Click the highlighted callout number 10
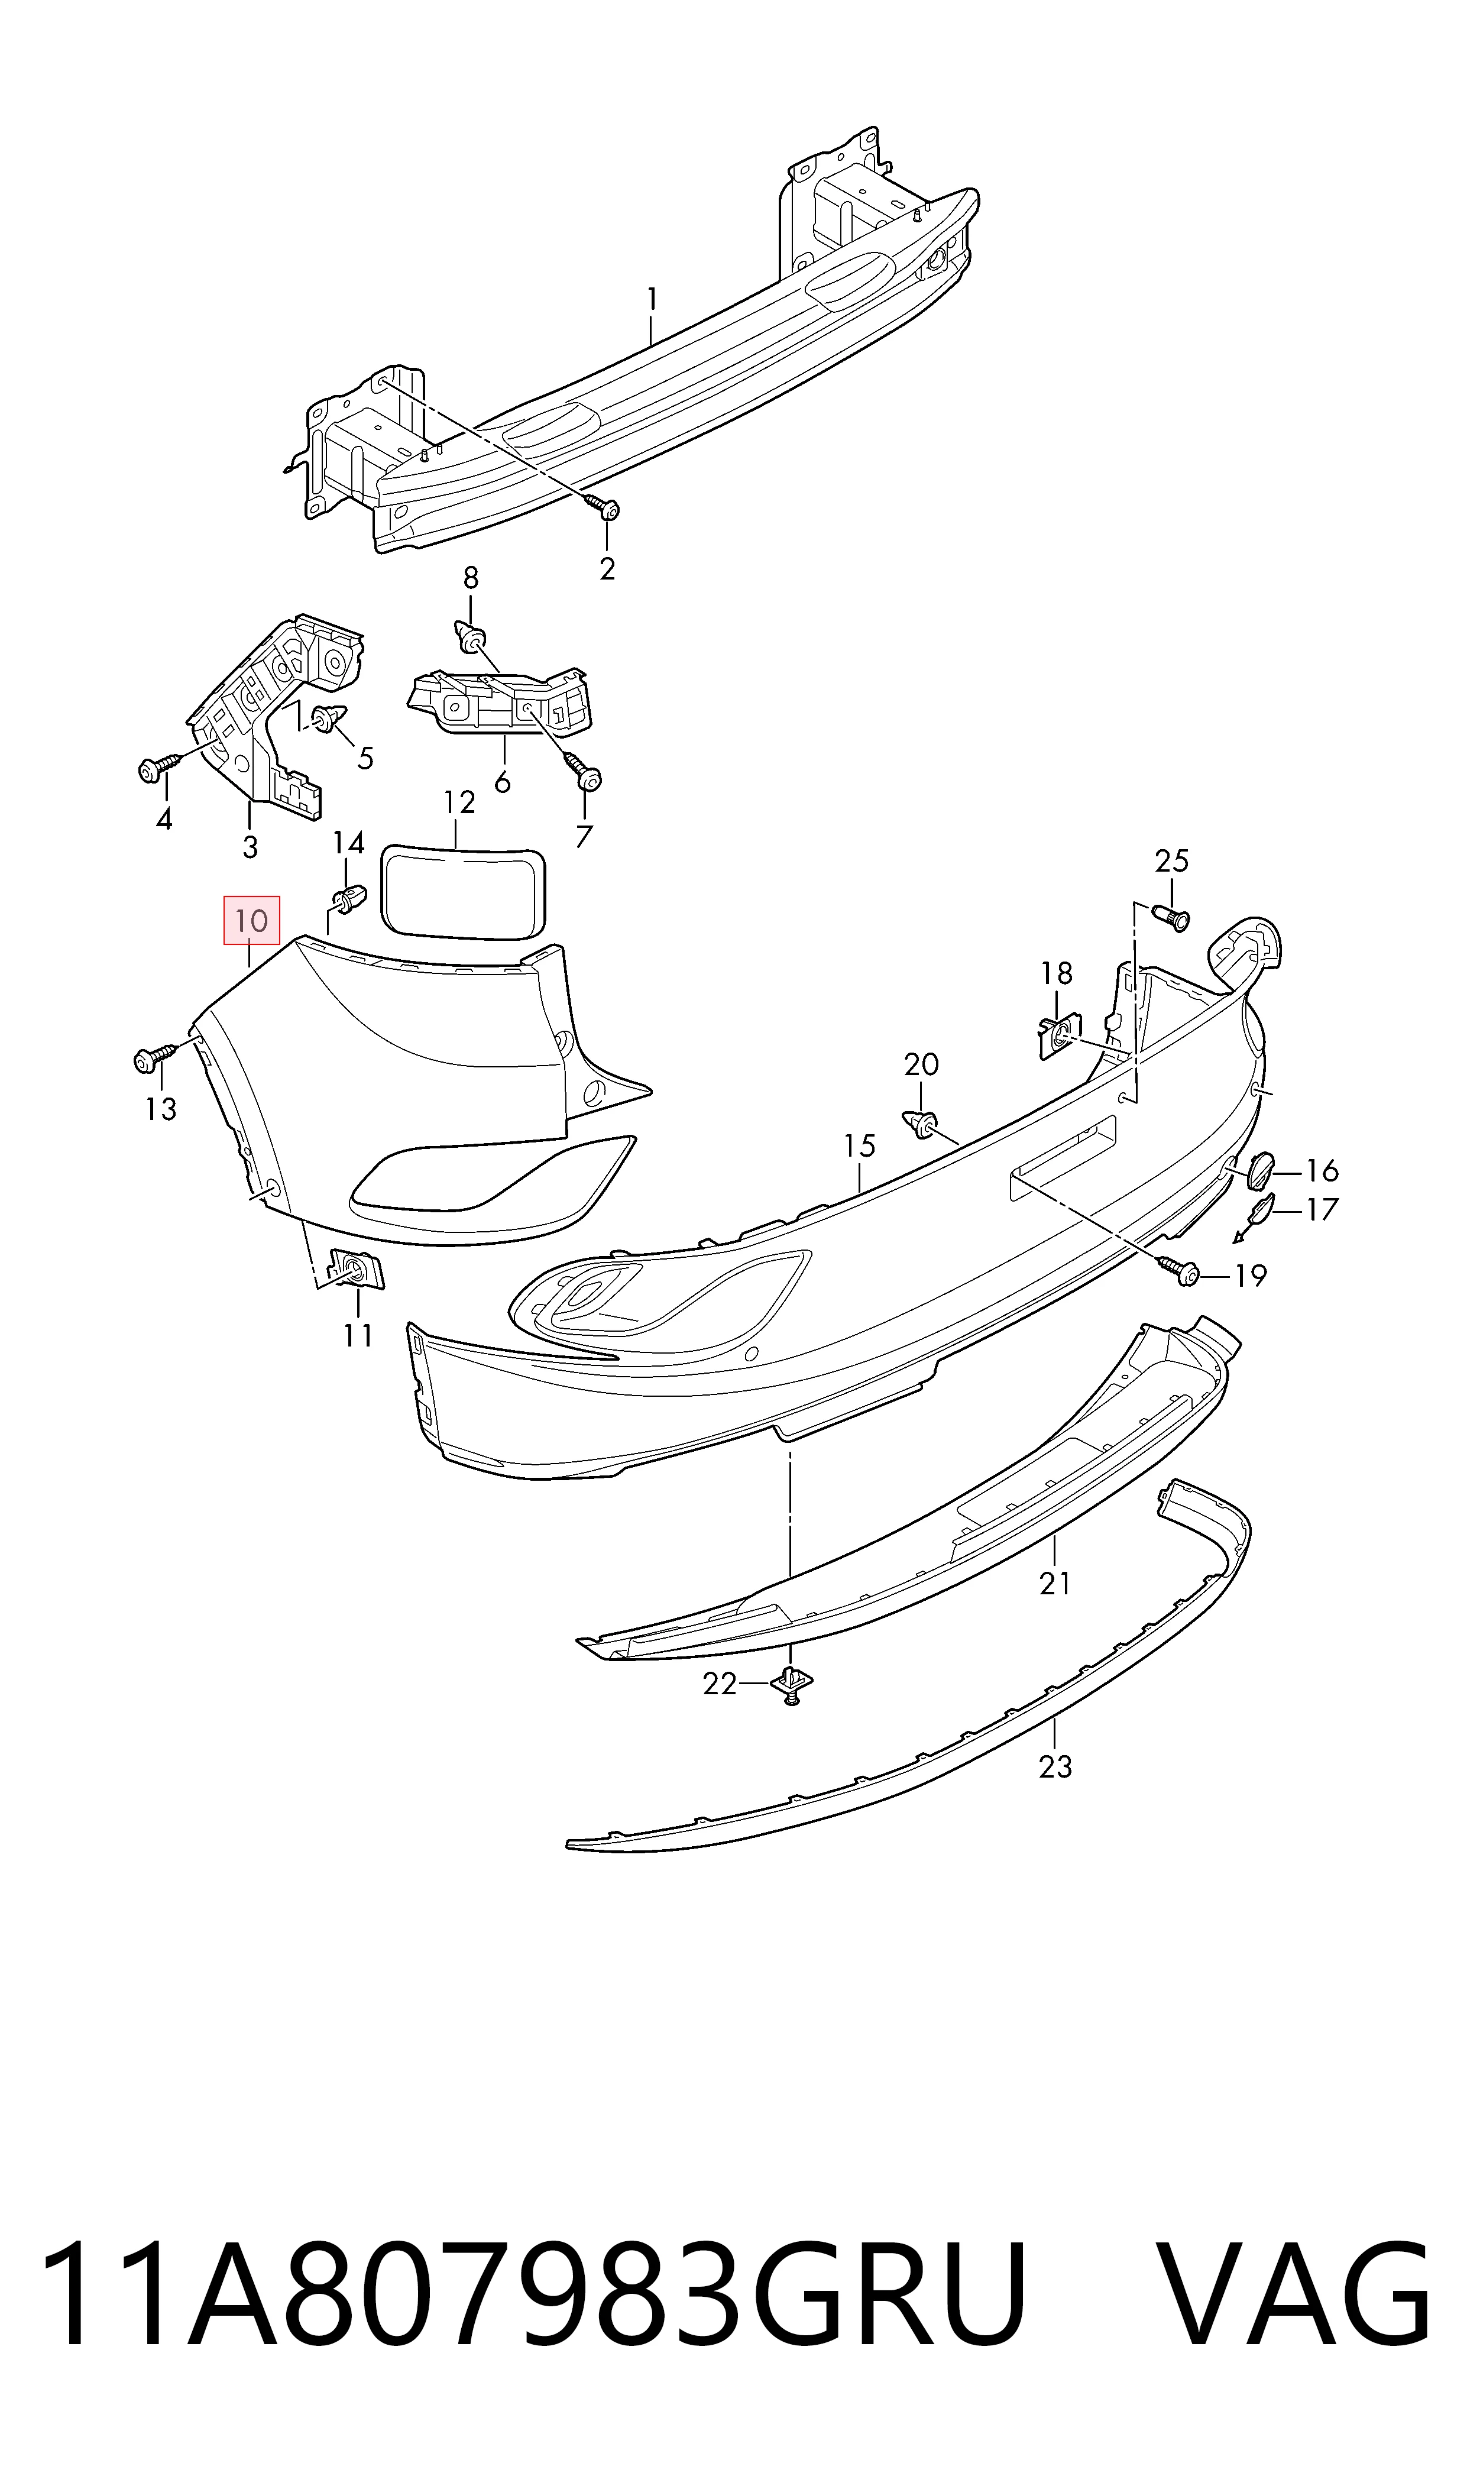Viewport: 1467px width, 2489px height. pos(252,921)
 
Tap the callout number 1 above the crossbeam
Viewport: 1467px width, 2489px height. pos(652,299)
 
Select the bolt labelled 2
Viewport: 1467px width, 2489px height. pos(603,508)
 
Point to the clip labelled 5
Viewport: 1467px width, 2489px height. pos(326,718)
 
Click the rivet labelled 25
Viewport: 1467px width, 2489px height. pos(1173,917)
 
